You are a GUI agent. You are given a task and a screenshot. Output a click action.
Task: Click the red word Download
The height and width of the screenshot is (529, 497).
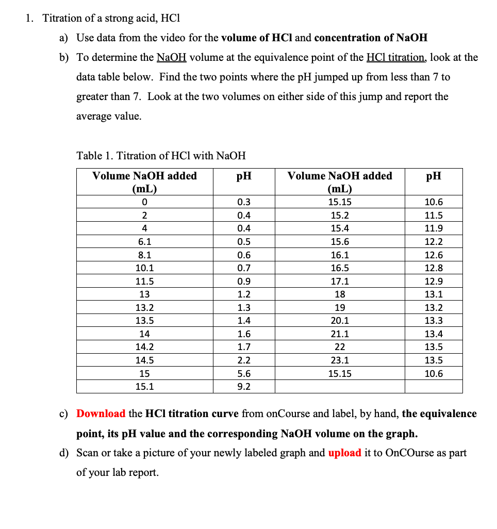101,414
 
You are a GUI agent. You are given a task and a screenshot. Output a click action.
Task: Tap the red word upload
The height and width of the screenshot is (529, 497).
344,453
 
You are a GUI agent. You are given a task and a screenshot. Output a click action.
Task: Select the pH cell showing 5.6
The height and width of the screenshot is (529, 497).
244,374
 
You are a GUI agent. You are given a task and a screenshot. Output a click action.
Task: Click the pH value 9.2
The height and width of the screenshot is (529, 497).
244,387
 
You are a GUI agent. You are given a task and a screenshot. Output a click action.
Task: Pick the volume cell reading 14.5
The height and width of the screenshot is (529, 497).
144,360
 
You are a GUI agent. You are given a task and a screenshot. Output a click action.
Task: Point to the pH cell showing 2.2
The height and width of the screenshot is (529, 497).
244,360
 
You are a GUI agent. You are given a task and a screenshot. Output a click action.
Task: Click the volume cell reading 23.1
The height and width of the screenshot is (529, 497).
340,360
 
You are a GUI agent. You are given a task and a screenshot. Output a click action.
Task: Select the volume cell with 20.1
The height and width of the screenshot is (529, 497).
340,321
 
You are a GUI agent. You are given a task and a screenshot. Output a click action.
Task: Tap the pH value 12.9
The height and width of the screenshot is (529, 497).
434,282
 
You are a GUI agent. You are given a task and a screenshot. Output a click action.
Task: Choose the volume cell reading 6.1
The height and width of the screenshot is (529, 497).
144,241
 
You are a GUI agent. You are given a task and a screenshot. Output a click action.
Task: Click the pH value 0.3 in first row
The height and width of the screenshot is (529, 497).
244,202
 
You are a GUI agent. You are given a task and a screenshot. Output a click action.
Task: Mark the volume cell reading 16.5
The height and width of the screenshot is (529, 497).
340,268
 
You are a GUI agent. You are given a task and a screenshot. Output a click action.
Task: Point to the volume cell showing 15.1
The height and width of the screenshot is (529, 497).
144,387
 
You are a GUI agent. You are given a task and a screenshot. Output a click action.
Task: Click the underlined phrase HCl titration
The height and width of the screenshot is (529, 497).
395,57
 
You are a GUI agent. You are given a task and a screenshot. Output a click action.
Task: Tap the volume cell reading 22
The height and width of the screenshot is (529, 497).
340,347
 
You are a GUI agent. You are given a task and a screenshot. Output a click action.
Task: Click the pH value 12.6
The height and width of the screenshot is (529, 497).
434,255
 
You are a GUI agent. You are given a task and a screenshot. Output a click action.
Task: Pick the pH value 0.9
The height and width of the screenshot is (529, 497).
244,282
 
